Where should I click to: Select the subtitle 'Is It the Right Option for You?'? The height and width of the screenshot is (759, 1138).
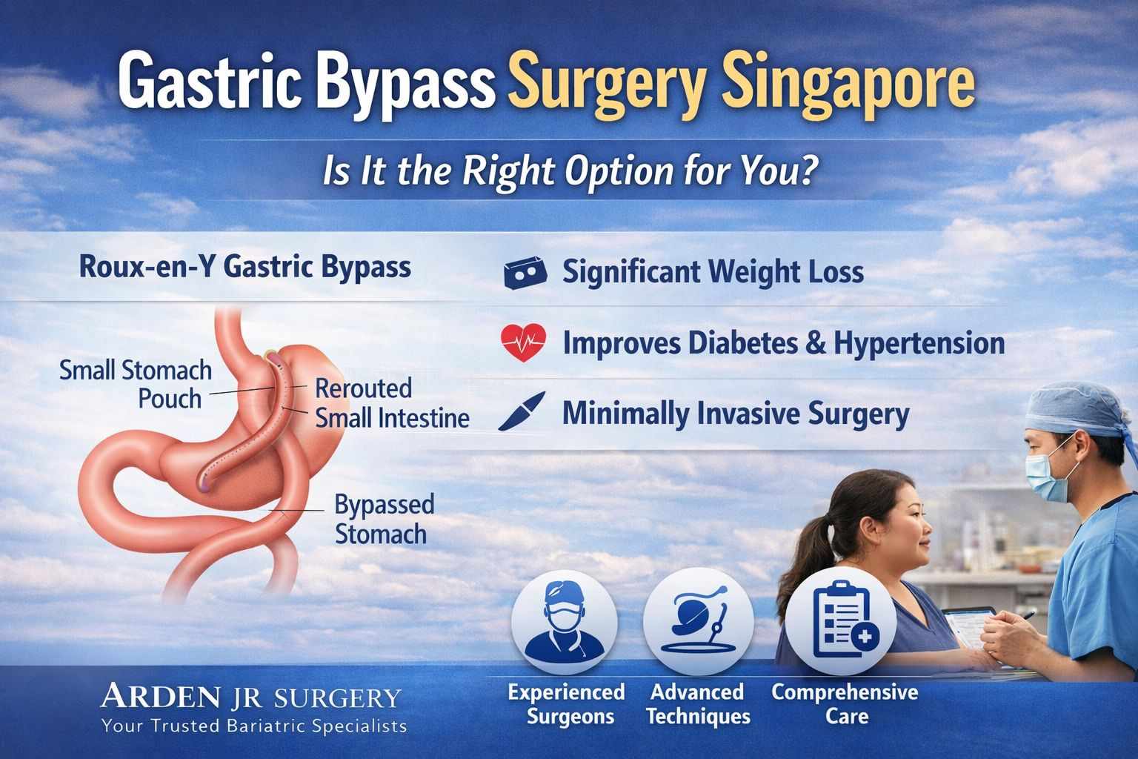568,172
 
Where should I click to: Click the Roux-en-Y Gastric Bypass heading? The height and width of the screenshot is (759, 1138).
244,267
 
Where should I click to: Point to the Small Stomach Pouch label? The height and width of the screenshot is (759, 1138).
136,384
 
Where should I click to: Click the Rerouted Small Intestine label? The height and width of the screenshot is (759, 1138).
392,402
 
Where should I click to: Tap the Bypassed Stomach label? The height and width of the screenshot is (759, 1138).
384,519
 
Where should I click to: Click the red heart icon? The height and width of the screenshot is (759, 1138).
523,342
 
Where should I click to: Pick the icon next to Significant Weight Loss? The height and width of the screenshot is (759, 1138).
525,273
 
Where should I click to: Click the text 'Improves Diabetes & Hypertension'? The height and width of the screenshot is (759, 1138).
784,343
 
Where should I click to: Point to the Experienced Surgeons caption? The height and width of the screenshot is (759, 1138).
567,704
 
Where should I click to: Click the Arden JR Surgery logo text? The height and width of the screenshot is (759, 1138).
251,697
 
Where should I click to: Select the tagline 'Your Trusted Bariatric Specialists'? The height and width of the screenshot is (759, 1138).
254,726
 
